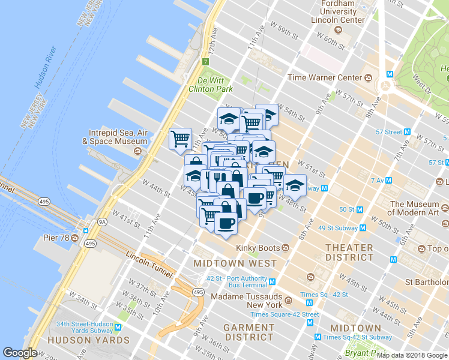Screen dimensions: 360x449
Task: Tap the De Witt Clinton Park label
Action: pos(211,85)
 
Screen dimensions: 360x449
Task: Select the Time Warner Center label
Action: pos(325,77)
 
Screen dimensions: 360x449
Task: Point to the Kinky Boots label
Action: pos(259,247)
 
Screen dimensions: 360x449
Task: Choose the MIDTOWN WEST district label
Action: pos(235,263)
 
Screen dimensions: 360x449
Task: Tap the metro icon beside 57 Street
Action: pos(407,132)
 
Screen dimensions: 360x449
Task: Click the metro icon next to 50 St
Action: pos(360,209)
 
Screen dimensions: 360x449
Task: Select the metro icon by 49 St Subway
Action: pos(363,228)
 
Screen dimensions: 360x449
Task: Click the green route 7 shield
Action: pos(205,61)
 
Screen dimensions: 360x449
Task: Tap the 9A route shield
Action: pos(85,221)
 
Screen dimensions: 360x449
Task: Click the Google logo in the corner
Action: pos(20,353)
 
